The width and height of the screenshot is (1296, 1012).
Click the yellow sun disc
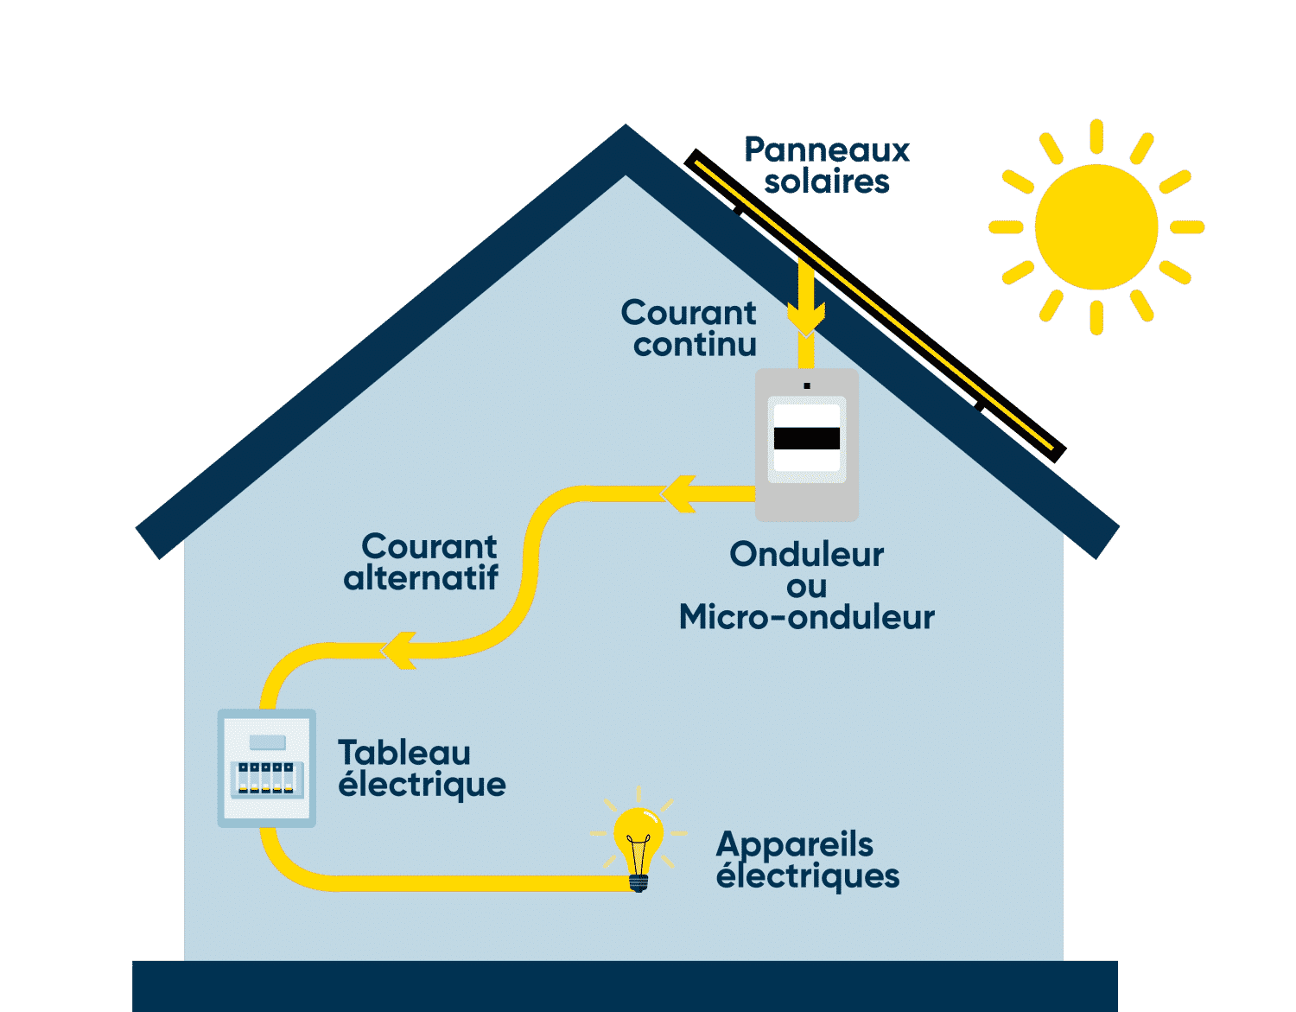point(1096,227)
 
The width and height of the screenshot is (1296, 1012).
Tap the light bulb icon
point(638,843)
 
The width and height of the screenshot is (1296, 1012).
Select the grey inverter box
point(806,445)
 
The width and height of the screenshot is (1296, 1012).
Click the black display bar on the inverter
point(806,438)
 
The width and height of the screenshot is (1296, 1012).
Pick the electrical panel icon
point(266,767)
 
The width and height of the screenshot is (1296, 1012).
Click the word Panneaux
point(827,150)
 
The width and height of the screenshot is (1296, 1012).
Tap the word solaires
point(827,182)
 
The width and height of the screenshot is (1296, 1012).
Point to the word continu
point(695,345)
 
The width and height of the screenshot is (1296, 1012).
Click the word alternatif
point(421,578)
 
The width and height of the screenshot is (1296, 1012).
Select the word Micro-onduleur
point(806,618)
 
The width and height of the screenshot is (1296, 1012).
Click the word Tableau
point(404,753)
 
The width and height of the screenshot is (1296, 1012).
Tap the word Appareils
point(795,844)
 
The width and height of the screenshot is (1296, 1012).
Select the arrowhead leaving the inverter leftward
point(679,493)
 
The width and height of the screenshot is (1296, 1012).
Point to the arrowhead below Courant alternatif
point(399,650)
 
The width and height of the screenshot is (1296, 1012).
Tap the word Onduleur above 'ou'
point(806,555)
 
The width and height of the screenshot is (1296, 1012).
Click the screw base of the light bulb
point(638,882)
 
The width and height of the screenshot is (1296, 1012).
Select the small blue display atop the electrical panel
point(267,742)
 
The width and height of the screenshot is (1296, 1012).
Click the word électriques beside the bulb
point(808,876)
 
